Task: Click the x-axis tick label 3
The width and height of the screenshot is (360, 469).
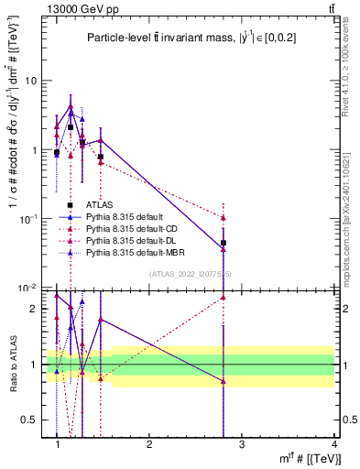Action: point(242,443)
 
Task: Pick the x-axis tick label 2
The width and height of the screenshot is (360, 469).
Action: point(149,443)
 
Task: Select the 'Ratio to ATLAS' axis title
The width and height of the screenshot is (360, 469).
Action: point(11,364)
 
